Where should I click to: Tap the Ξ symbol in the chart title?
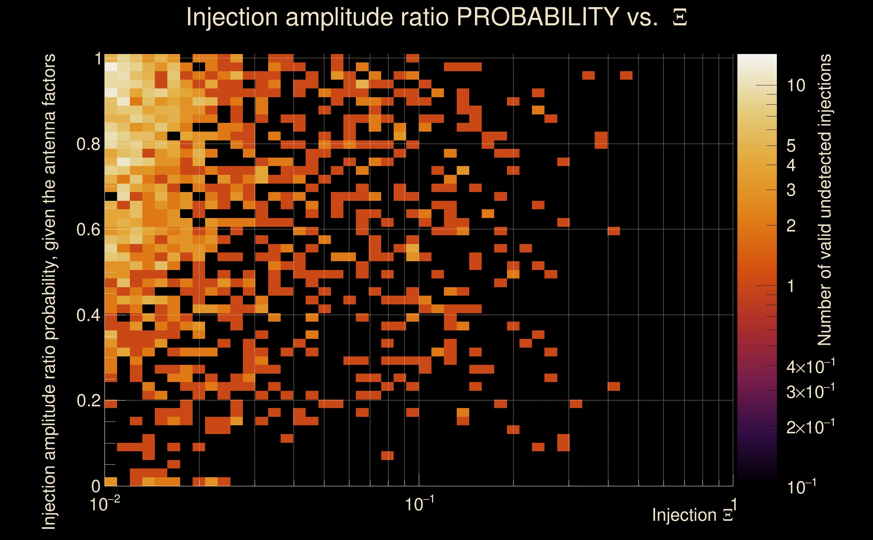pyautogui.click(x=680, y=18)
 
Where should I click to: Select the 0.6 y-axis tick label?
pyautogui.click(x=88, y=230)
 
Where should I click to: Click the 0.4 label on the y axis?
pyautogui.click(x=88, y=315)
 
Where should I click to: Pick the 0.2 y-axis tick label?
pyautogui.click(x=88, y=401)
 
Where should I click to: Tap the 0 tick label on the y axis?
pyautogui.click(x=96, y=486)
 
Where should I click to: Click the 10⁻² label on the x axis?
pyautogui.click(x=105, y=504)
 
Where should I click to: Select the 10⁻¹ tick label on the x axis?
pyautogui.click(x=419, y=504)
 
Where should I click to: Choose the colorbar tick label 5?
pyautogui.click(x=791, y=146)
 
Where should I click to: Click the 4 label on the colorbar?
pyautogui.click(x=791, y=165)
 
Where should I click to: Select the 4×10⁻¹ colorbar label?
pyautogui.click(x=810, y=367)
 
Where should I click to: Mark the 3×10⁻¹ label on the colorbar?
pyautogui.click(x=810, y=392)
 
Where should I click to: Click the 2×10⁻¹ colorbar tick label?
pyautogui.click(x=810, y=427)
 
